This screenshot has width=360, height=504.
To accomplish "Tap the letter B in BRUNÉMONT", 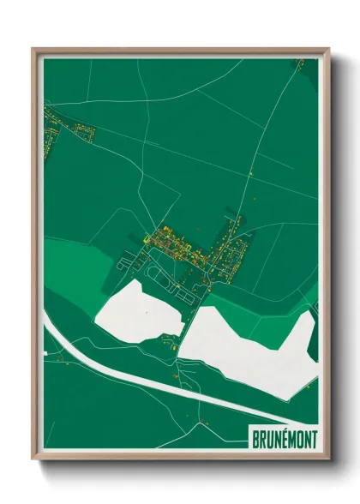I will (x=255, y=440).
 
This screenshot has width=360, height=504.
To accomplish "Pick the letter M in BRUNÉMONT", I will (x=290, y=440).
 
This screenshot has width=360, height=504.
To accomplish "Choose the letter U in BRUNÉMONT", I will (x=268, y=440).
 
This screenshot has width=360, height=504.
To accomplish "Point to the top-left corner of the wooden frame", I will (x=33, y=49).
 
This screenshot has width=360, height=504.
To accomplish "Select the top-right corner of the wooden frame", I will (x=328, y=49).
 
